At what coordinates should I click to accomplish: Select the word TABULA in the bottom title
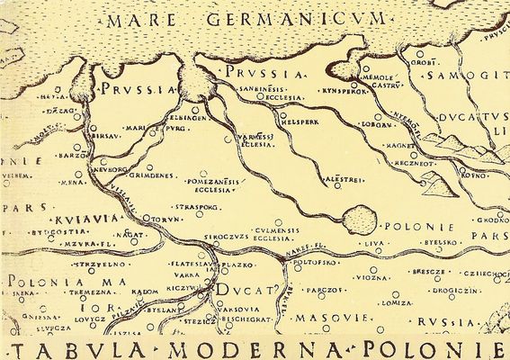tap(63, 346)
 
